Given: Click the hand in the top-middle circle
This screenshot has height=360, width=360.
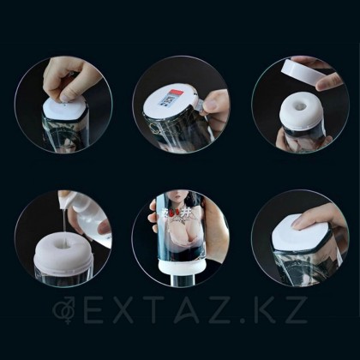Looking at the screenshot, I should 215,107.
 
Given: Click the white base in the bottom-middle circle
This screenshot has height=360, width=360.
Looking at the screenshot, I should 180,275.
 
